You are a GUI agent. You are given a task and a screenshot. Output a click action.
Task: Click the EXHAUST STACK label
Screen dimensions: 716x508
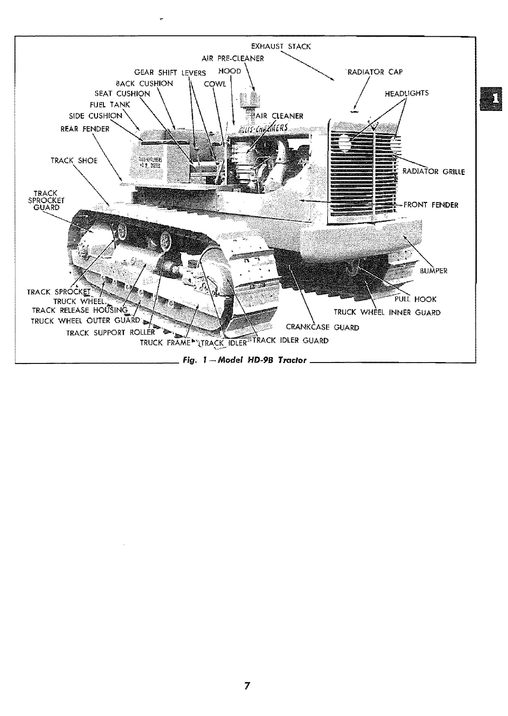[281, 46]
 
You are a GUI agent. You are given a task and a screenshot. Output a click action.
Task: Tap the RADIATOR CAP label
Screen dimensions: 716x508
[375, 72]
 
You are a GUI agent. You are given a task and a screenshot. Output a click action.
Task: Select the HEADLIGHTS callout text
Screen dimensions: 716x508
[406, 93]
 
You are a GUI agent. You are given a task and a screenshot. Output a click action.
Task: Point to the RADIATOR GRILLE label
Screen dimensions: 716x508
[434, 172]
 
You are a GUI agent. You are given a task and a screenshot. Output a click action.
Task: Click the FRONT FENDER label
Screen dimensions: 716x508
[431, 205]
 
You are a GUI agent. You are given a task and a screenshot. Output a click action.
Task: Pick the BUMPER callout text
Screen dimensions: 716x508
[434, 271]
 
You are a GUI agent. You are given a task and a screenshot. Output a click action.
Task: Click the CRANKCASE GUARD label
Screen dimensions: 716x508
[322, 327]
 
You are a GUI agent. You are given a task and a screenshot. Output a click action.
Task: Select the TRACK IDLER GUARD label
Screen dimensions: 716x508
[290, 340]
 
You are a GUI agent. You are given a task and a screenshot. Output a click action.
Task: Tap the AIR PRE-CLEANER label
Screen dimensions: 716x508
[233, 58]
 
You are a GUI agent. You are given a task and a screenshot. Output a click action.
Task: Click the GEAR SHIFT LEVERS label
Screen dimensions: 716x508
[170, 73]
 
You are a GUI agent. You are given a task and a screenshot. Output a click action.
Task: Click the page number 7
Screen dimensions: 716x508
[247, 686]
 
